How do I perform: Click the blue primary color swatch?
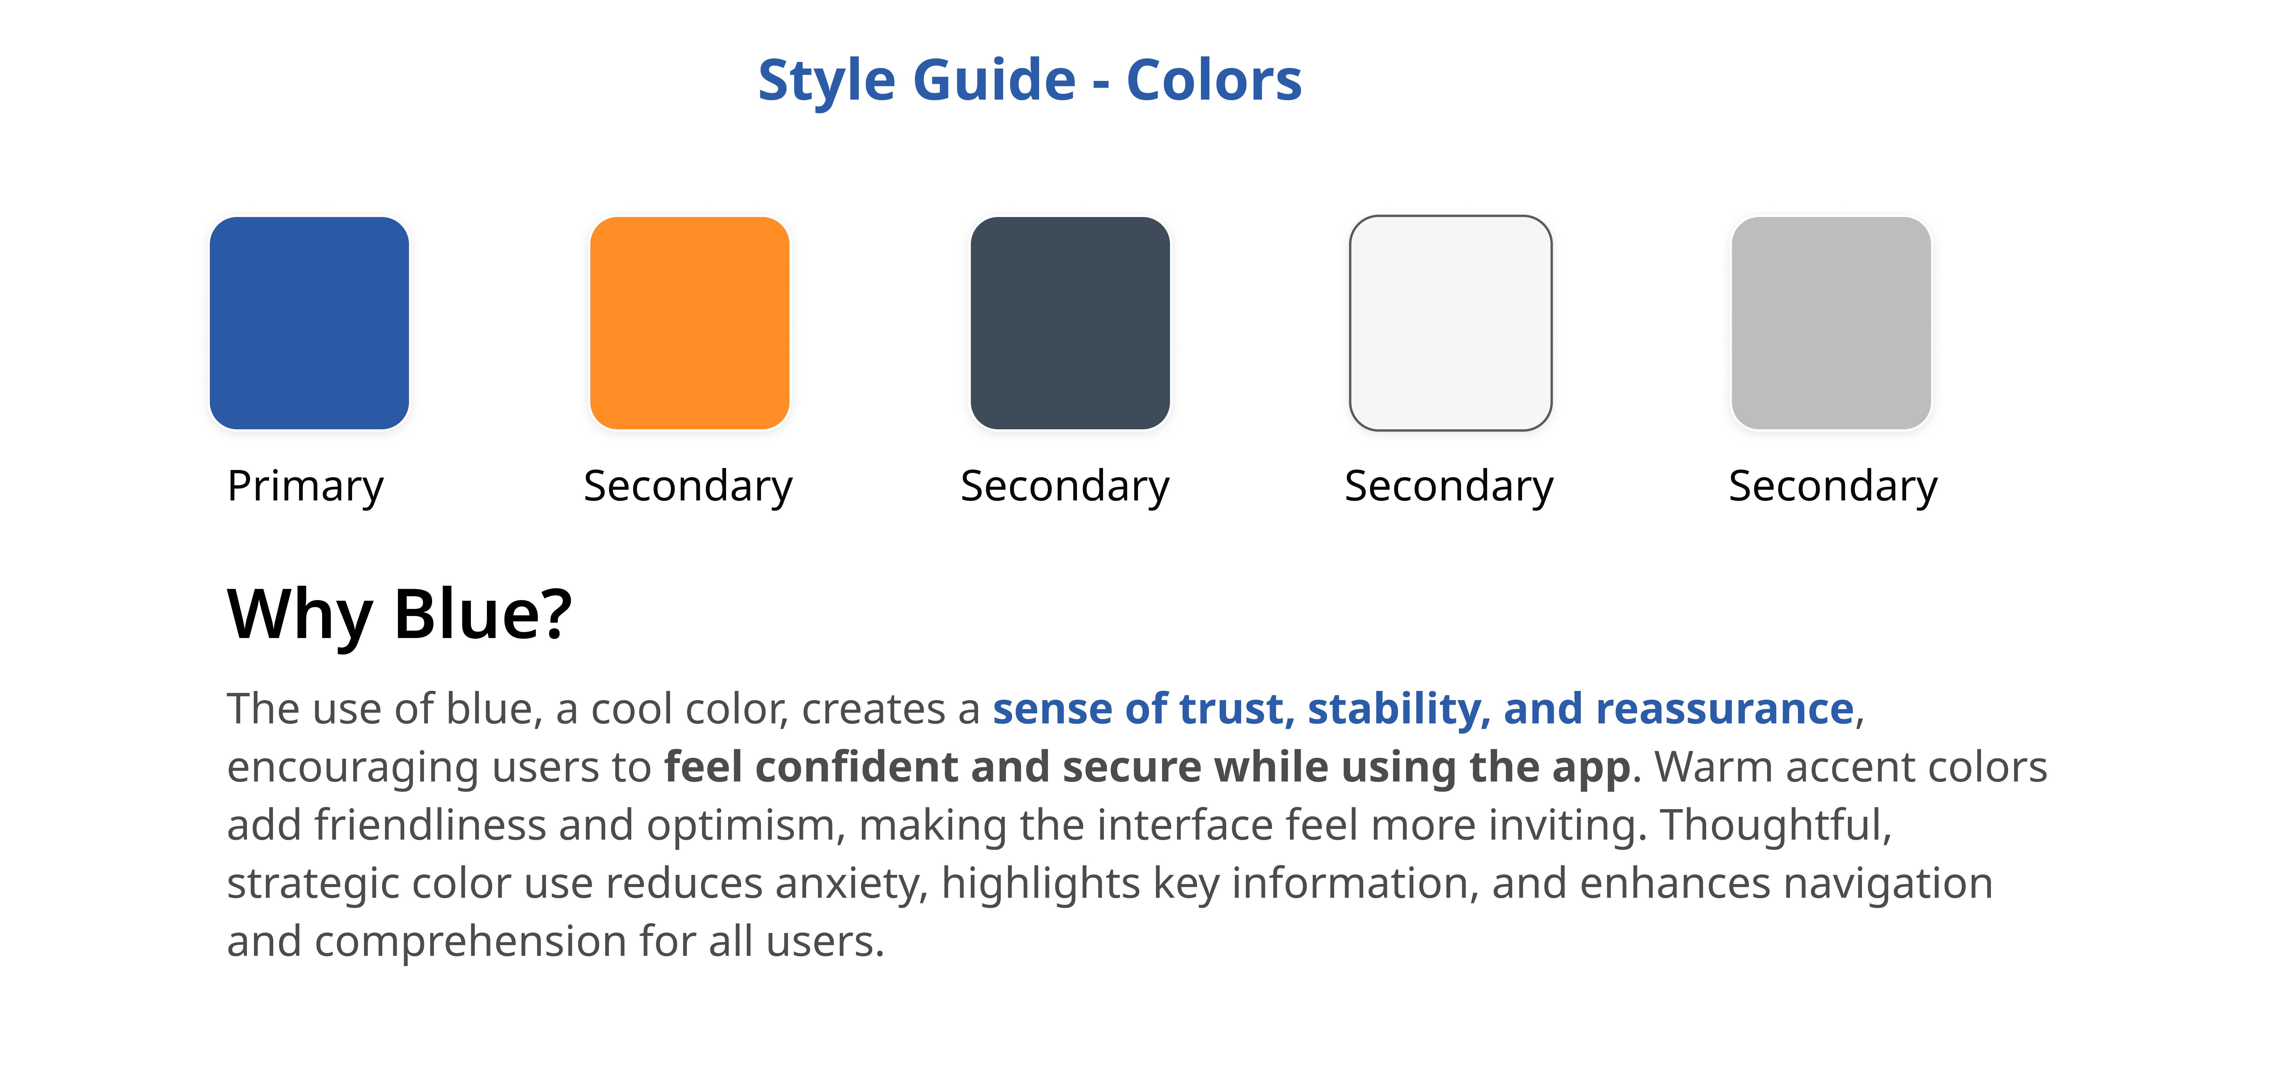309,323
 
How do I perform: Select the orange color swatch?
689,323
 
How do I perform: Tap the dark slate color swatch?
1070,323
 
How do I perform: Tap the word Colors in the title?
1214,80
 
